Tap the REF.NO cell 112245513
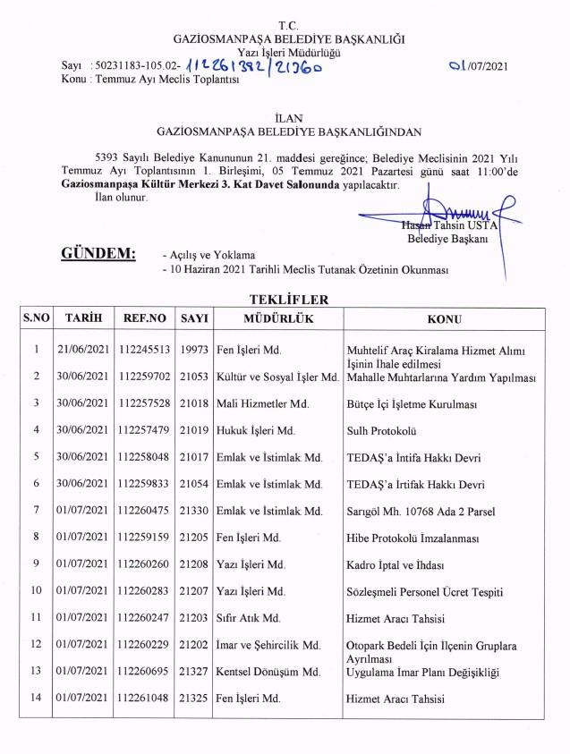[145, 349]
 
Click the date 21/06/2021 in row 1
[82, 349]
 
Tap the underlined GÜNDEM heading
[98, 253]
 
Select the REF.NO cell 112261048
[145, 699]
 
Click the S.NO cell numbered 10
[37, 591]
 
